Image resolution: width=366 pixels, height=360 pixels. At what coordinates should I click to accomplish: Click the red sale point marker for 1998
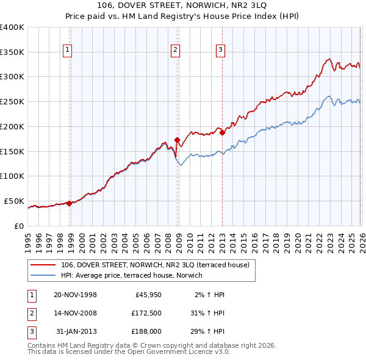click(x=69, y=203)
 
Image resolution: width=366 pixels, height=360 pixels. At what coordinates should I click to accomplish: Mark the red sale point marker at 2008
click(x=178, y=140)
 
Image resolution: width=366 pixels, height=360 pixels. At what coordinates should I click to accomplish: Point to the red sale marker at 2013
click(x=223, y=132)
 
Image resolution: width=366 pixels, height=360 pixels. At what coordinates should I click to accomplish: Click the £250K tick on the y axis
click(x=12, y=101)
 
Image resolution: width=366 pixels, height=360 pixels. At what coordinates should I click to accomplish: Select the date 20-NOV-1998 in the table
click(x=75, y=295)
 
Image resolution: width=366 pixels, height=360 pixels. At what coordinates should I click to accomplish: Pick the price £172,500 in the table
click(x=146, y=313)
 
